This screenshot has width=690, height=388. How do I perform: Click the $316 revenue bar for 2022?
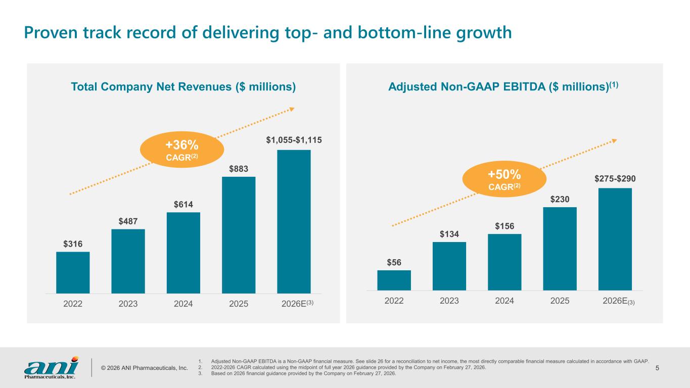pos(73,272)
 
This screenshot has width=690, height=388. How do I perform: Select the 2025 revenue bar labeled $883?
pos(239,234)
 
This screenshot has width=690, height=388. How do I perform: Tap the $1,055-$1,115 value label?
pos(294,139)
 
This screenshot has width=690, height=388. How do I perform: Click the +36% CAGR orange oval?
pos(182,150)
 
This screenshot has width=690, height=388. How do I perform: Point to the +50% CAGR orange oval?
pos(504,179)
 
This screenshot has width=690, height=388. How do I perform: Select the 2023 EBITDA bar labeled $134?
pos(449,266)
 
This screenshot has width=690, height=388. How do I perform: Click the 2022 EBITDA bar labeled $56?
pos(394,280)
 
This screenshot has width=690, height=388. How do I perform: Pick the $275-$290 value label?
pos(615,178)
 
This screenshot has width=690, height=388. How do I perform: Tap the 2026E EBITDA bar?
pos(615,239)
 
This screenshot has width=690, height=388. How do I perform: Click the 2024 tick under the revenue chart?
pos(183,305)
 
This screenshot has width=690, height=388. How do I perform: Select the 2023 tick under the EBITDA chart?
pos(449,301)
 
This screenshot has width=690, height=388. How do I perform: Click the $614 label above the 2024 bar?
pos(183,204)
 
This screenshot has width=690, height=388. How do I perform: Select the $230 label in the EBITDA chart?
pos(560,200)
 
